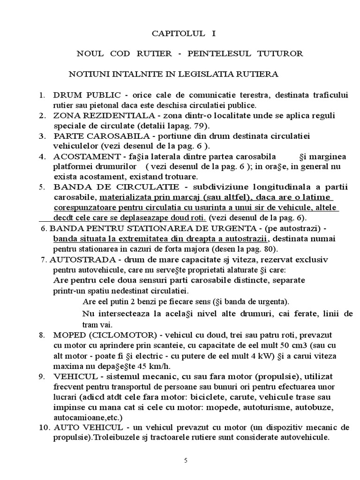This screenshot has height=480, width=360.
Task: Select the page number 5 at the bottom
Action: point(186,460)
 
